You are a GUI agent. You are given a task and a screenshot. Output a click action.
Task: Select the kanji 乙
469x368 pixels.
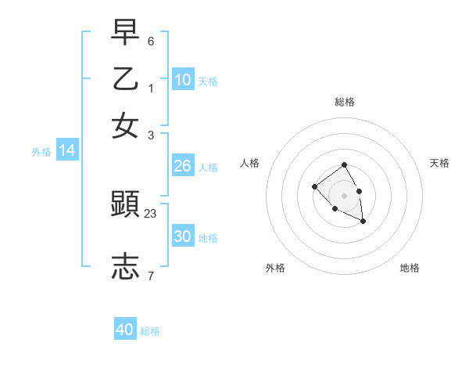click(125, 78)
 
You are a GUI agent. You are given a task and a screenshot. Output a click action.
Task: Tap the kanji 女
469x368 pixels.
click(125, 125)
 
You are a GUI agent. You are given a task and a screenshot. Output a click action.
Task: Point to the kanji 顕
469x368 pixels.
click(125, 204)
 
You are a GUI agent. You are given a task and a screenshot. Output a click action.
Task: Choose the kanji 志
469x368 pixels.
click(125, 266)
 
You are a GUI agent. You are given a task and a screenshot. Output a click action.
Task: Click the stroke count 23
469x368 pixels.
click(151, 212)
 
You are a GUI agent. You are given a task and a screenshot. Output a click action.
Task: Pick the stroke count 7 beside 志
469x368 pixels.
click(151, 276)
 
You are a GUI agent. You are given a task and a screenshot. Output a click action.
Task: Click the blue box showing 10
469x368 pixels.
click(182, 80)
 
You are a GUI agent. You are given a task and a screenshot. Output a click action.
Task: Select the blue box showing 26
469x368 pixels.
click(182, 166)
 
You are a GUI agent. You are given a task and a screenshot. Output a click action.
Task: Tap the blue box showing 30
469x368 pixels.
click(182, 236)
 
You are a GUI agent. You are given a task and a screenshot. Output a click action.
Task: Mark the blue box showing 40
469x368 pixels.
click(125, 330)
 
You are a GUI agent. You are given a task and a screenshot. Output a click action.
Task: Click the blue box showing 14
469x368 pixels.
click(67, 151)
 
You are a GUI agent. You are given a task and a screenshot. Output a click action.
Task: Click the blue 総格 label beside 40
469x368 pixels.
click(150, 331)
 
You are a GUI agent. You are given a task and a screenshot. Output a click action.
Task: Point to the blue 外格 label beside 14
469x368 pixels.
click(41, 152)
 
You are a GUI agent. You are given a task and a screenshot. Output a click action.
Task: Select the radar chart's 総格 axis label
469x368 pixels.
click(345, 102)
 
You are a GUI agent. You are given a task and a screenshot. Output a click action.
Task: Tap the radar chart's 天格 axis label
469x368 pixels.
click(439, 163)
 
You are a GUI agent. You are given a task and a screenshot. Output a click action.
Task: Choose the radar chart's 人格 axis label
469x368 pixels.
click(250, 163)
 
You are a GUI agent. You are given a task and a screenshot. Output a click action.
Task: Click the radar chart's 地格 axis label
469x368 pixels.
click(410, 268)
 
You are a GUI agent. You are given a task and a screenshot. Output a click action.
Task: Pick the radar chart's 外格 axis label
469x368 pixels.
click(275, 268)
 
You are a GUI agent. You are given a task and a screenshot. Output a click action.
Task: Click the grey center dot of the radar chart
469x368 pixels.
click(344, 195)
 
